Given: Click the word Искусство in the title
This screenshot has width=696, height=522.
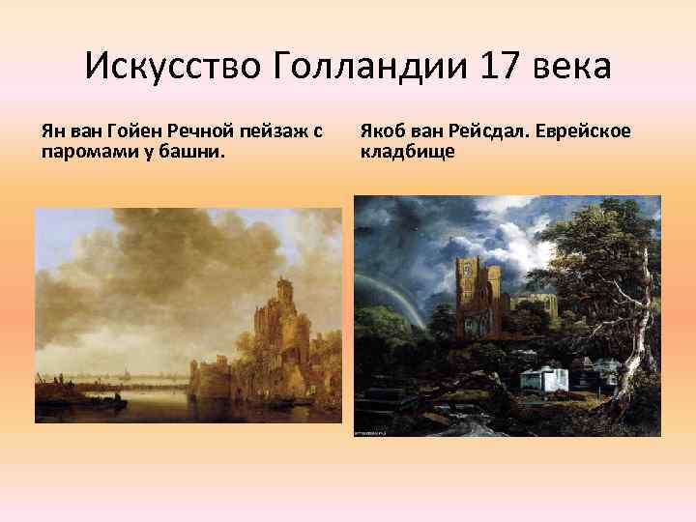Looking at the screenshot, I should point(173,67).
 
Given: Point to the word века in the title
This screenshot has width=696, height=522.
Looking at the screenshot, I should point(578,67).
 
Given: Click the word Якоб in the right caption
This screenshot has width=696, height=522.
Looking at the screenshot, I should point(384,130).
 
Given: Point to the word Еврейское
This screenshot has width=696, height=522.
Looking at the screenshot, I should point(585,130).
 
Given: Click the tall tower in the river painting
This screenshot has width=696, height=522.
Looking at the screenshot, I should point(286,309).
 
